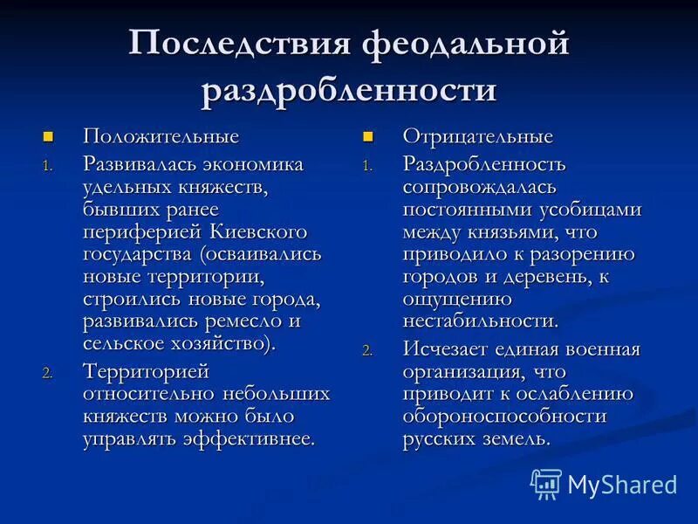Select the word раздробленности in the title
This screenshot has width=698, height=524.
pyautogui.click(x=349, y=90)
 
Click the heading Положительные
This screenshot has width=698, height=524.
pyautogui.click(x=161, y=136)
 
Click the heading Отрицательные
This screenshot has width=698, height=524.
pyautogui.click(x=477, y=136)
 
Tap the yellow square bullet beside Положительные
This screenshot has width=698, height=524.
pyautogui.click(x=48, y=136)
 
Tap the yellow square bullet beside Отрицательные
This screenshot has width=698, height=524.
pyautogui.click(x=367, y=136)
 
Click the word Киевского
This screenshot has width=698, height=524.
pyautogui.click(x=258, y=231)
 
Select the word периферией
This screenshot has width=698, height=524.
pyautogui.click(x=144, y=231)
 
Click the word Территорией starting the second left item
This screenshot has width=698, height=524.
pyautogui.click(x=146, y=371)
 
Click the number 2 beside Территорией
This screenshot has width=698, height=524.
pyautogui.click(x=47, y=373)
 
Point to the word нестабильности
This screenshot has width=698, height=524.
pyautogui.click(x=480, y=321)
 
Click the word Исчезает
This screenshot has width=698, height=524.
pyautogui.click(x=442, y=349)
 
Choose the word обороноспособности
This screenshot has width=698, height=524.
pyautogui.click(x=503, y=417)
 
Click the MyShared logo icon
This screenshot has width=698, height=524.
pyautogui.click(x=545, y=483)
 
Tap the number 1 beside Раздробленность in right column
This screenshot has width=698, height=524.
pyautogui.click(x=367, y=166)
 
